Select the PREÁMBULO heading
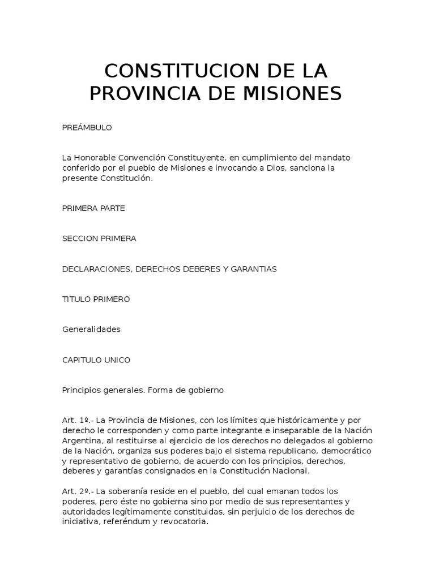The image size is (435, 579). tap(87, 128)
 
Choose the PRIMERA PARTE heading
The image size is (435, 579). tap(93, 208)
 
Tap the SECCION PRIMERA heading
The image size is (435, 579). tap(99, 239)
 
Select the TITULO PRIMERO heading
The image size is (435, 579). tap(96, 299)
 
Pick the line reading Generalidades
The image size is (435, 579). tap(91, 330)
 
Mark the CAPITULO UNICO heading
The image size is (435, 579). tap(96, 360)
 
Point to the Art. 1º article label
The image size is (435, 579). tap(76, 420)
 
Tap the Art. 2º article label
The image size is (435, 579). tap(76, 491)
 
